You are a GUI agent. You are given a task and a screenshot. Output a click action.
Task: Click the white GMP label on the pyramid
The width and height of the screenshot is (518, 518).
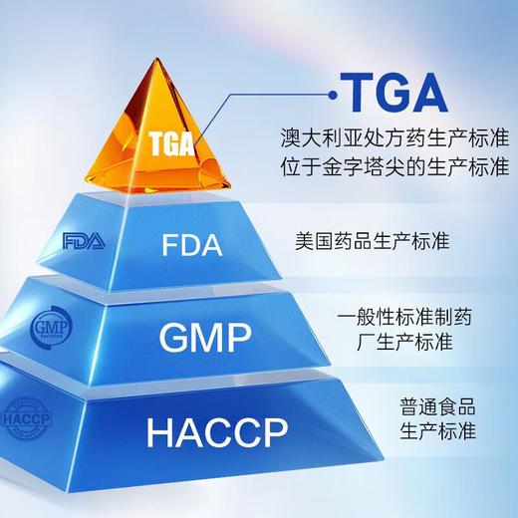pos(205,338)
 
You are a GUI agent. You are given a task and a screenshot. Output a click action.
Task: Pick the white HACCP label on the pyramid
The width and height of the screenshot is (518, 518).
pos(216,432)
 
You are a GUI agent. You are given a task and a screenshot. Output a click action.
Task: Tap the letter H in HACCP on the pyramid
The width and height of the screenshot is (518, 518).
pos(159,433)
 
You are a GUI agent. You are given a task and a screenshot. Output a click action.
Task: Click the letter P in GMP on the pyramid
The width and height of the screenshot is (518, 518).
pos(240,338)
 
